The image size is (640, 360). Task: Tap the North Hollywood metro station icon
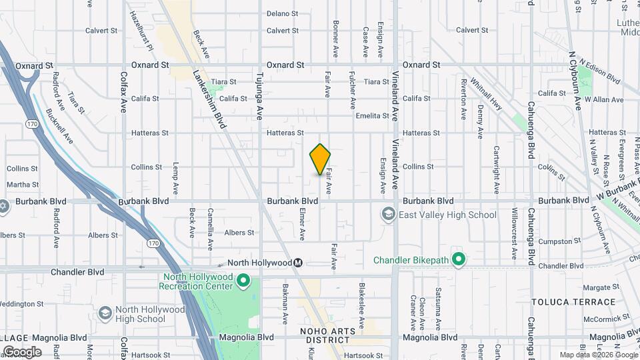pos(299,263)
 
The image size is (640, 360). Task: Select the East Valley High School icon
pos(388,215)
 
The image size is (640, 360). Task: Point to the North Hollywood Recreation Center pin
pos(243,281)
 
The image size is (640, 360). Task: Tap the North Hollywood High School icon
pos(105,313)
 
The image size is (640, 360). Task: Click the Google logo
pos(21,352)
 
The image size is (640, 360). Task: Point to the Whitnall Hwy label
pos(485,91)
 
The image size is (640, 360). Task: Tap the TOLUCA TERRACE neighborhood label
pos(564,302)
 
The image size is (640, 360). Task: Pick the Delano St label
pos(282,13)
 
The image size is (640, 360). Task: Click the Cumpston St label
pos(557,241)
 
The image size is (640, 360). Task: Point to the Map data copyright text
pos(599,355)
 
